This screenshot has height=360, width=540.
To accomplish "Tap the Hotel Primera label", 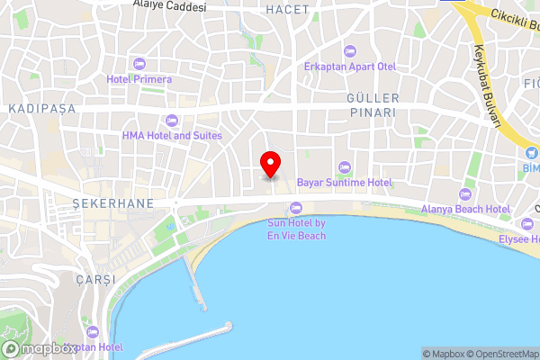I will click(x=139, y=79).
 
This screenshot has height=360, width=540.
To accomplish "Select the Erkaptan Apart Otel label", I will click(x=349, y=67).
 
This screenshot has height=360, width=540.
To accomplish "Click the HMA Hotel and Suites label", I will click(x=172, y=136).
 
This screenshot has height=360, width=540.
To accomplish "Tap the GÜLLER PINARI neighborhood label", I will click(x=371, y=104).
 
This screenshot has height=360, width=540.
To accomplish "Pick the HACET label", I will click(x=288, y=9).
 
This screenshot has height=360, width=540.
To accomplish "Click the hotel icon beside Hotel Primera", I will click(x=139, y=63).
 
